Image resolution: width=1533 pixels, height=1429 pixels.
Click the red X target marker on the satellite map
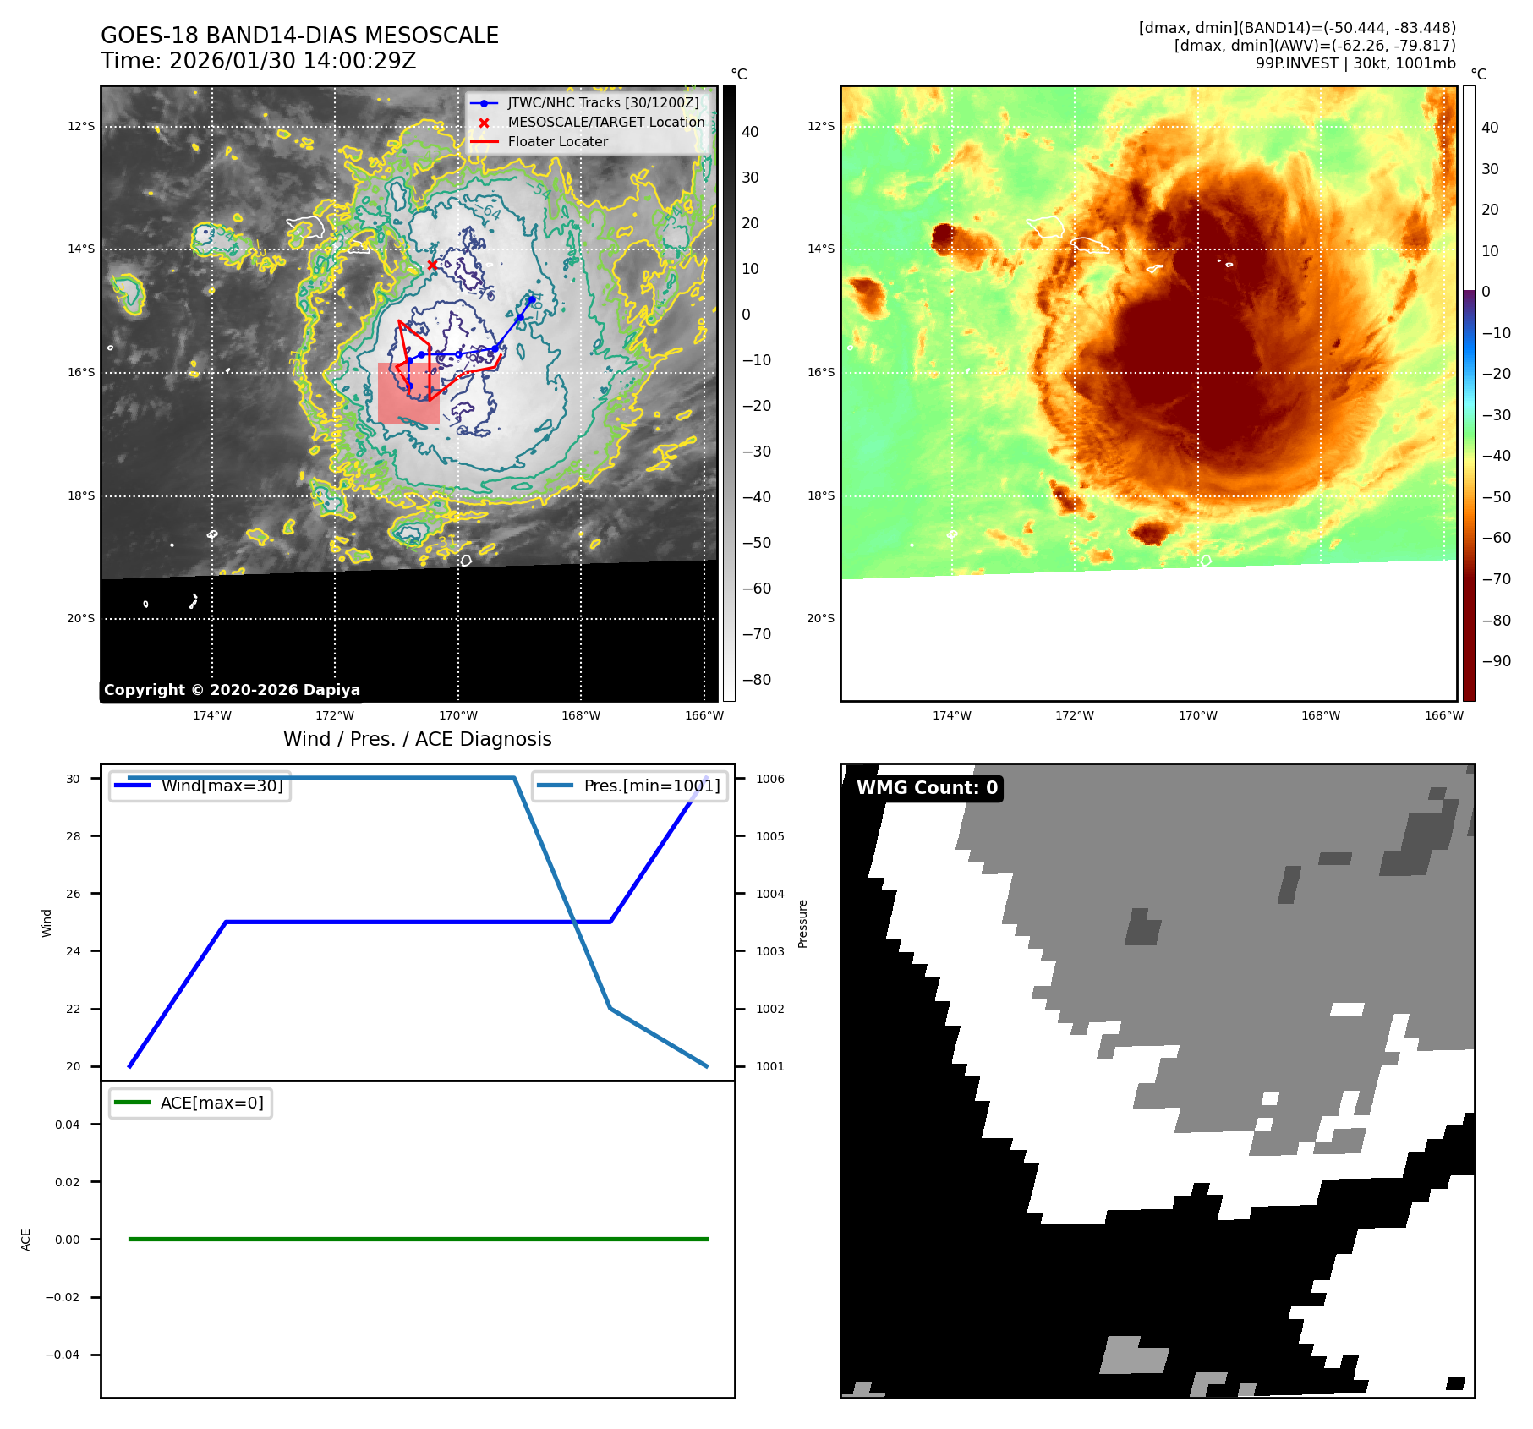click(432, 265)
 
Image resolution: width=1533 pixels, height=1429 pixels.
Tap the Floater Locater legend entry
click(557, 141)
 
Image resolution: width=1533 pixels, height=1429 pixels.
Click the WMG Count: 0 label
click(927, 787)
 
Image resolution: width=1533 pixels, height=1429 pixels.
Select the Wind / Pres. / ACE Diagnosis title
click(417, 739)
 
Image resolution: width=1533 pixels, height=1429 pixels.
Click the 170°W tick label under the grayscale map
click(457, 715)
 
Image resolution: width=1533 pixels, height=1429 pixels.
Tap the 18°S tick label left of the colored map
click(820, 495)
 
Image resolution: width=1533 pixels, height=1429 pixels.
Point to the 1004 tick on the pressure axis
click(769, 894)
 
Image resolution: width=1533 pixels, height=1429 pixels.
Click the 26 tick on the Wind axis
click(74, 894)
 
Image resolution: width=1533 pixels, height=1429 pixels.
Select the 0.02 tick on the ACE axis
click(68, 1182)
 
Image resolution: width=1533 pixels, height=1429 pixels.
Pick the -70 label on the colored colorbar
click(1496, 579)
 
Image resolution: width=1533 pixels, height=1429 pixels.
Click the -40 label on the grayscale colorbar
click(756, 497)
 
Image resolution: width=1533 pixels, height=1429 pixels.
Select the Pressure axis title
click(803, 923)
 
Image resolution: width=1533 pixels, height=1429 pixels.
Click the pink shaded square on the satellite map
click(408, 394)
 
